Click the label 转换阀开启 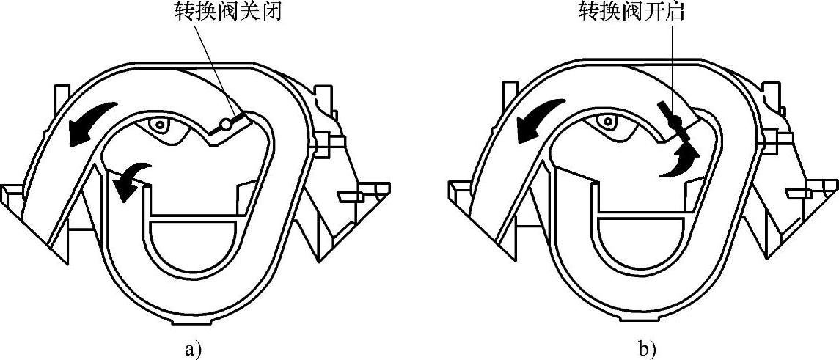pos(631,12)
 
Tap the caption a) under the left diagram pos(193,350)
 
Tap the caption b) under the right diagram pos(646,350)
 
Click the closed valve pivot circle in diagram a pos(226,125)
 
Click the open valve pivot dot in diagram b pos(678,122)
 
